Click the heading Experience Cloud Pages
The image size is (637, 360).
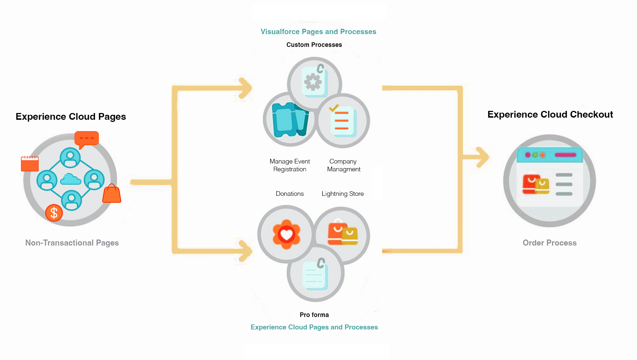pyautogui.click(x=71, y=117)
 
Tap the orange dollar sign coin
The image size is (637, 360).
pyautogui.click(x=54, y=213)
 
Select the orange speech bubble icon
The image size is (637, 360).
pyautogui.click(x=86, y=139)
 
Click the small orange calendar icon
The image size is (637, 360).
pyautogui.click(x=30, y=164)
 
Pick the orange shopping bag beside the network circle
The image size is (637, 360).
pyautogui.click(x=112, y=194)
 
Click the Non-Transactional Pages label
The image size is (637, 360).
pyautogui.click(x=72, y=243)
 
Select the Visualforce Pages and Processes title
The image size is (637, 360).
pyautogui.click(x=318, y=32)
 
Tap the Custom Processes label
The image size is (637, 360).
pyautogui.click(x=314, y=45)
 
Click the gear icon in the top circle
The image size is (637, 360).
pyautogui.click(x=313, y=82)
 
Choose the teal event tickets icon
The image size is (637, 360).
pyautogui.click(x=290, y=120)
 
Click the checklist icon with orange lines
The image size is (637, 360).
pyautogui.click(x=342, y=120)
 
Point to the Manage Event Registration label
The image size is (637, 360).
pyautogui.click(x=290, y=165)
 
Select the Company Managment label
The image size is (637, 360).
pyautogui.click(x=343, y=165)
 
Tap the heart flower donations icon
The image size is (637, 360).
pyautogui.click(x=287, y=234)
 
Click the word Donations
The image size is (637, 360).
pyautogui.click(x=290, y=194)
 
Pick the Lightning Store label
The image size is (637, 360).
pyautogui.click(x=343, y=194)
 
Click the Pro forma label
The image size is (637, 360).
pyautogui.click(x=314, y=315)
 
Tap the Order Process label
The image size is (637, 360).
pyautogui.click(x=550, y=243)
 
